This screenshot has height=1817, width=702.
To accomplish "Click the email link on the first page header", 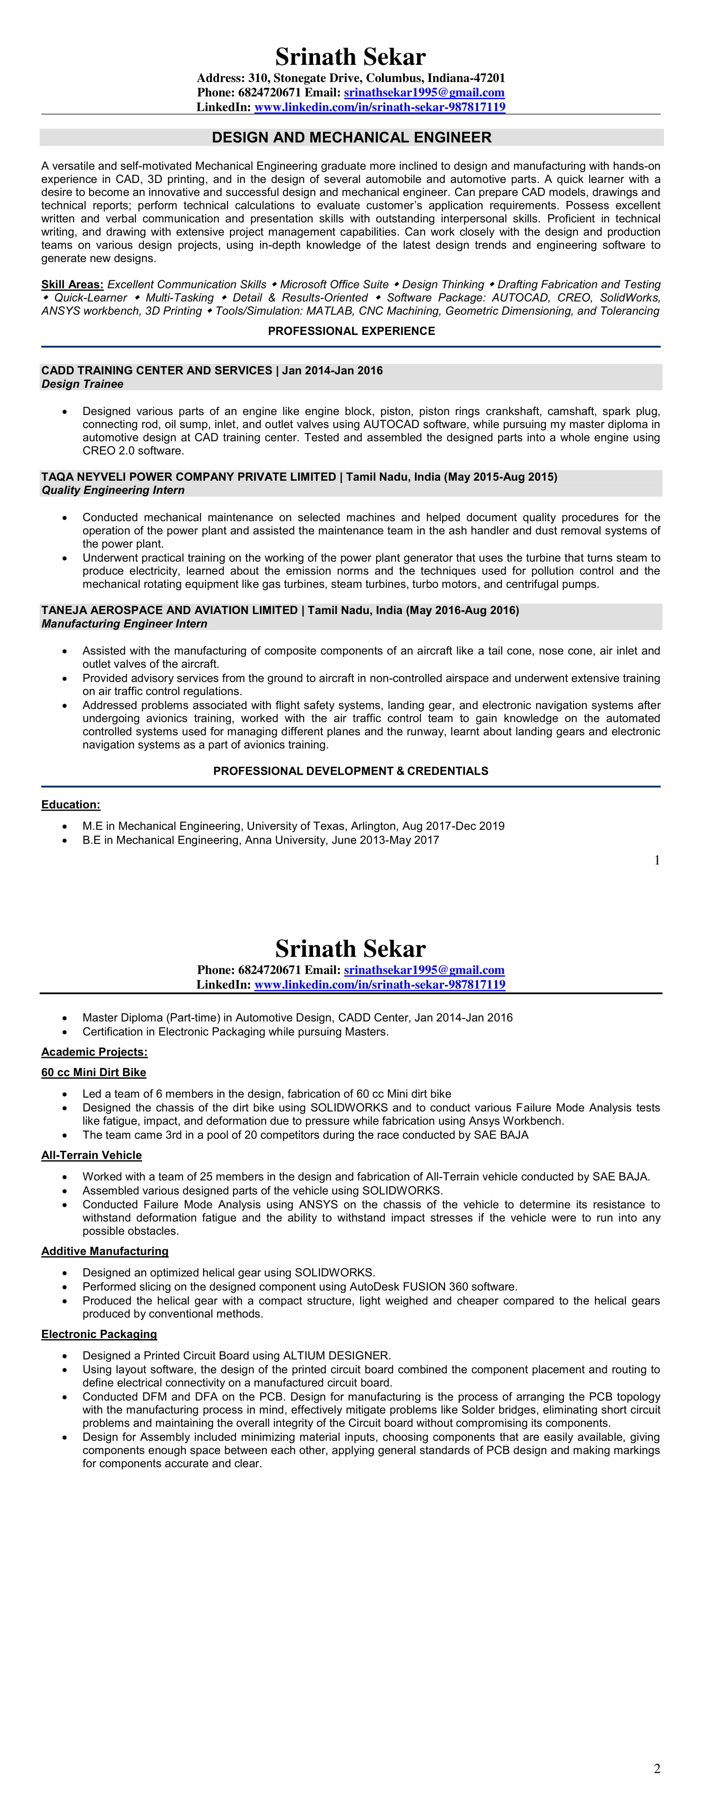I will tap(424, 93).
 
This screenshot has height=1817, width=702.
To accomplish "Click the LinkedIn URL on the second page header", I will tap(379, 984).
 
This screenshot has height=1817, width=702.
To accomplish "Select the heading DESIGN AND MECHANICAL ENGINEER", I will tap(351, 138).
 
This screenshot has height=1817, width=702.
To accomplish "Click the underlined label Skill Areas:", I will tap(72, 284).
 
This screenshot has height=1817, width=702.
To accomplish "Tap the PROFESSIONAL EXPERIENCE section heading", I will tap(351, 331).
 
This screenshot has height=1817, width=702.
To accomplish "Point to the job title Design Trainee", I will tap(82, 384).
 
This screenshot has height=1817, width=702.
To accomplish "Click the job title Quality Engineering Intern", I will tap(113, 490).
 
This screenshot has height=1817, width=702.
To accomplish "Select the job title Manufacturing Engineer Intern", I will tap(124, 624).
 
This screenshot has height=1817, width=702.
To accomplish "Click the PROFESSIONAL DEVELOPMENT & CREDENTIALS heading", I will tap(351, 771).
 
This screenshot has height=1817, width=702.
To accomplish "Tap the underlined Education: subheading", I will tap(71, 805).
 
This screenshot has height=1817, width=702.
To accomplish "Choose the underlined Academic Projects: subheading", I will tap(94, 1052).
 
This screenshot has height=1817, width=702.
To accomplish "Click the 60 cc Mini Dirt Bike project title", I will tap(93, 1072).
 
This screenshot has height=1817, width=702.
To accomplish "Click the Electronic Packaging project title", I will tap(99, 1334).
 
